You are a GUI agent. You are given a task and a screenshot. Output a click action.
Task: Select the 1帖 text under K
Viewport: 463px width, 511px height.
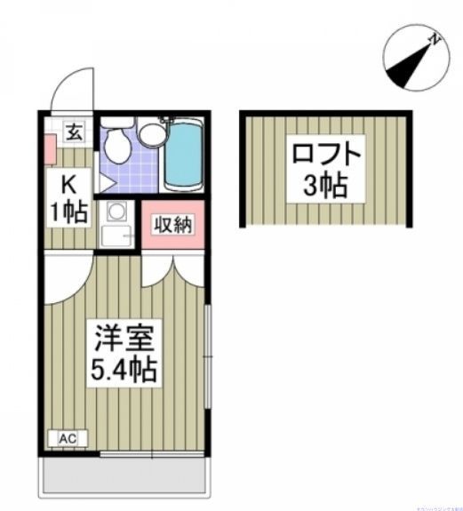69,212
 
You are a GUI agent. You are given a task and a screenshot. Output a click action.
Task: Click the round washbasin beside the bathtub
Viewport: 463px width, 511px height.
152,134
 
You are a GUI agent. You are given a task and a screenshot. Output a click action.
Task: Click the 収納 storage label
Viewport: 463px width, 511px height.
172,225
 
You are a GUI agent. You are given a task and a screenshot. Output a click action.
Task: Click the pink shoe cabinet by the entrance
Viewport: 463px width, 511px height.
48,152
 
